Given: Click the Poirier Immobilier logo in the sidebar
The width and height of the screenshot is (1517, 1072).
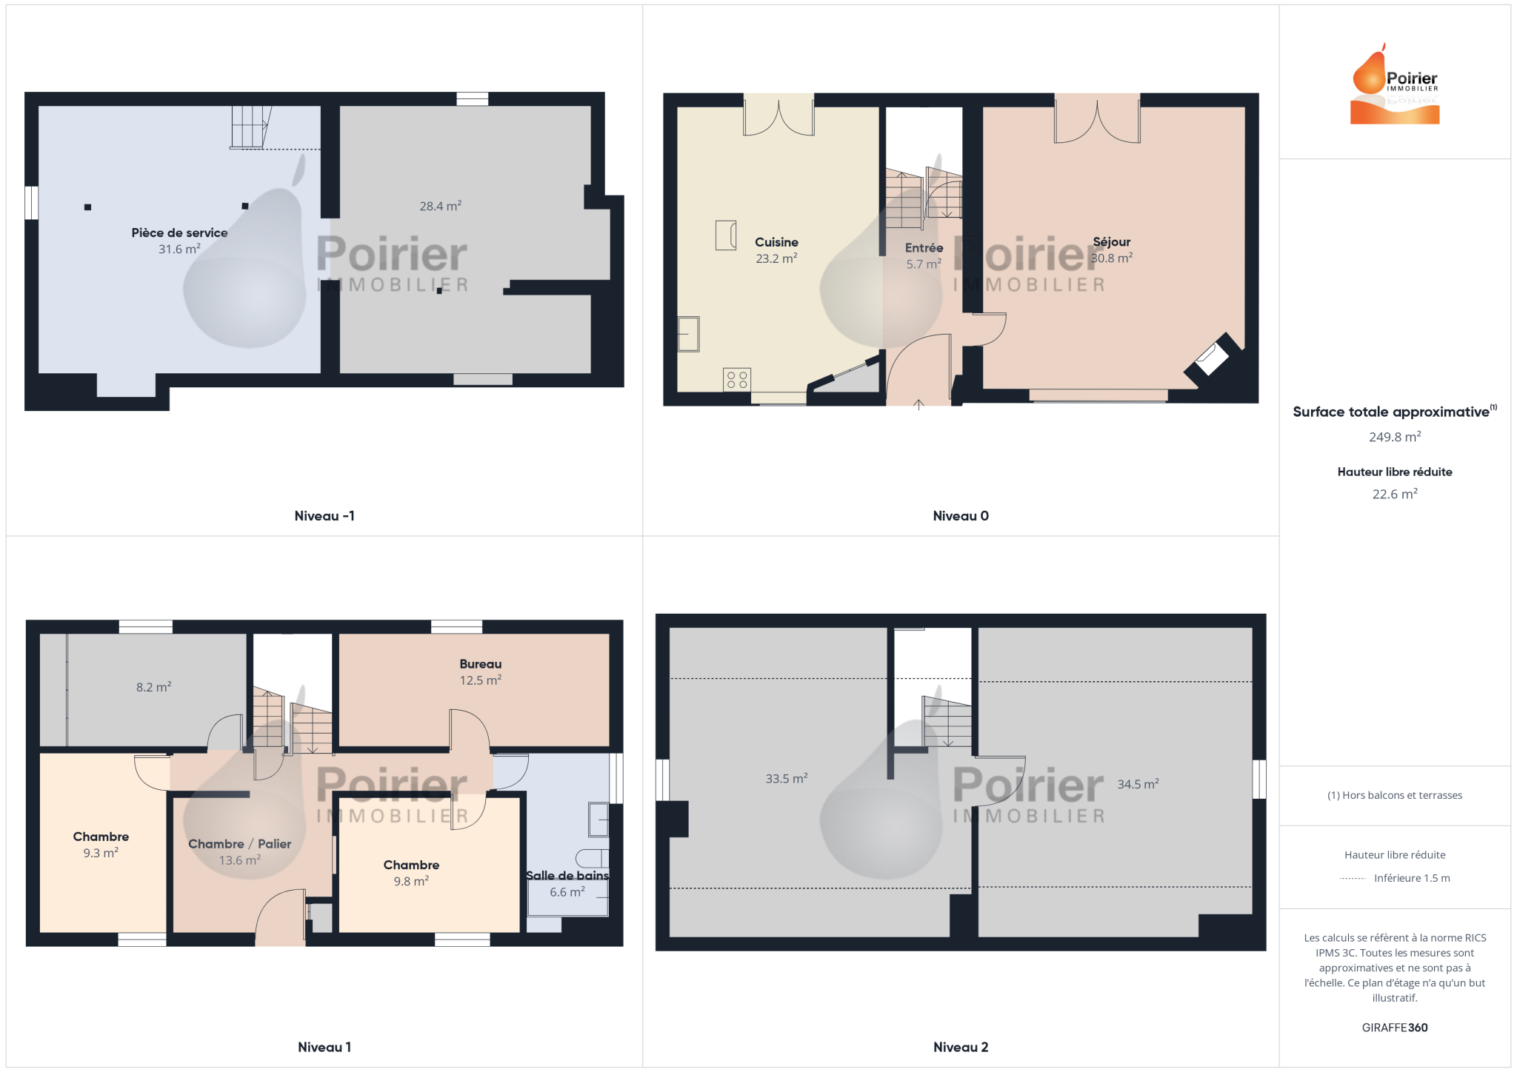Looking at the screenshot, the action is coord(1395,84).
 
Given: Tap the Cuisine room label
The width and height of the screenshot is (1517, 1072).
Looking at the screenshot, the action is coord(776,242).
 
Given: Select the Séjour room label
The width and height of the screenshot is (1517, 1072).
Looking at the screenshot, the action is coord(1111,242).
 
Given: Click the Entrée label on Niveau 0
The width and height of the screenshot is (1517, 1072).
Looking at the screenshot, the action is coord(924,248).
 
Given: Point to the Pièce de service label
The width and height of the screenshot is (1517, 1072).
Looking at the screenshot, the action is coord(179,232).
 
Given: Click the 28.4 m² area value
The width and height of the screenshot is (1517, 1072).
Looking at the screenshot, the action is coord(440,206).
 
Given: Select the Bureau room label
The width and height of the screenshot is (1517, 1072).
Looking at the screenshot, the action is coord(480,664).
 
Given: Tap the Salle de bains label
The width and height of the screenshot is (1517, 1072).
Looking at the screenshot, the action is coord(567,876).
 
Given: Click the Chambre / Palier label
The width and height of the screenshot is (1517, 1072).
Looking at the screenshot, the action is coord(239,844).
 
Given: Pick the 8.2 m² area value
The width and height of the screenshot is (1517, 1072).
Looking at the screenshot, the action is coord(153,687).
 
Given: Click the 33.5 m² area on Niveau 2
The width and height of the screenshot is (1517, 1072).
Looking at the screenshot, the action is coord(786,779).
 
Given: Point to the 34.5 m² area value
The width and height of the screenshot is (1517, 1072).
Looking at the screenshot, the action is coord(1138,784).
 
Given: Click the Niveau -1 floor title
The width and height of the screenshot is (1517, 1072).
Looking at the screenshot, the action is coord(324,516).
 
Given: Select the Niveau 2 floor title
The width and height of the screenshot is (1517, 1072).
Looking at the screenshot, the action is coord(961,1047).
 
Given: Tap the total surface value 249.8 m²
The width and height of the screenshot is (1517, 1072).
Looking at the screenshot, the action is coord(1395,437).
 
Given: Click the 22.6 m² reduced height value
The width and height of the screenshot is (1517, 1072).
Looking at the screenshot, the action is coord(1395,494).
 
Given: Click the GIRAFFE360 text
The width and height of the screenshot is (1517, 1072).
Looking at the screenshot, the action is coord(1395,1028).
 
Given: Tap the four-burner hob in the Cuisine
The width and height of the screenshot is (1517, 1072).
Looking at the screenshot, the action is coord(737,380).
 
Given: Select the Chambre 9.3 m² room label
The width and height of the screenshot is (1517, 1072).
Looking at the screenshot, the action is coord(101,837).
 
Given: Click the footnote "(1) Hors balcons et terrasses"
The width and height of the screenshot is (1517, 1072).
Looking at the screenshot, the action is coord(1395,795).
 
